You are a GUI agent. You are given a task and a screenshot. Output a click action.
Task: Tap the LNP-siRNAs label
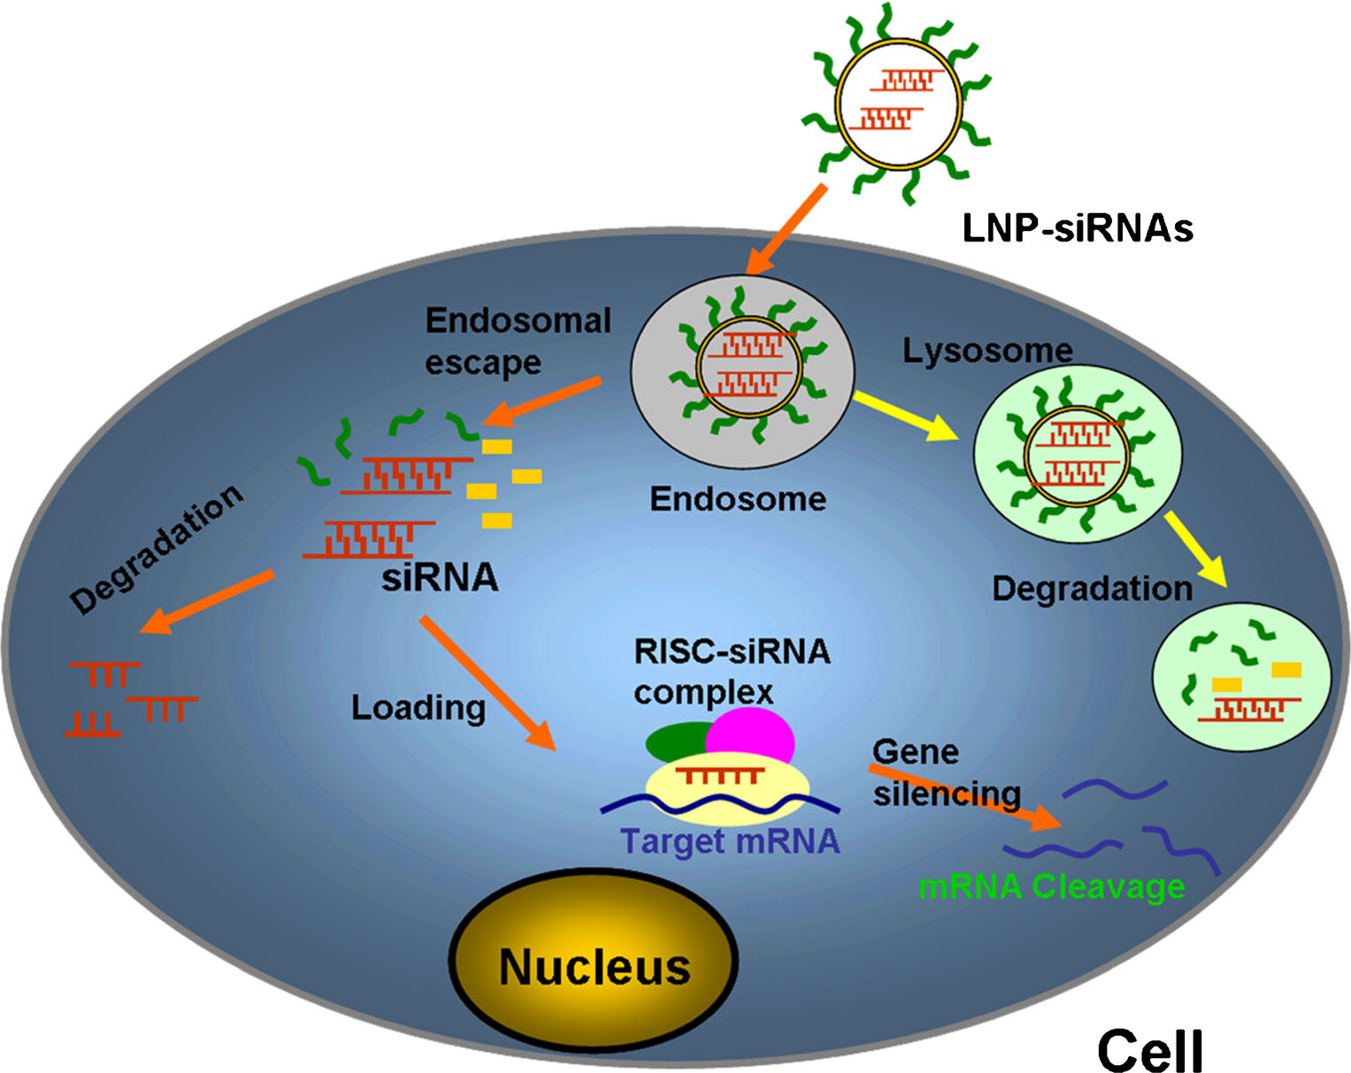[x=1077, y=228]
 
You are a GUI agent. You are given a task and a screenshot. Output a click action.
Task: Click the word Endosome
[x=738, y=499]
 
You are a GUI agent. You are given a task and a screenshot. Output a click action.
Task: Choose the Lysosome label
[x=986, y=350]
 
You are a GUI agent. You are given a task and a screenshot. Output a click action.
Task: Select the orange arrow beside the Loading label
[x=486, y=682]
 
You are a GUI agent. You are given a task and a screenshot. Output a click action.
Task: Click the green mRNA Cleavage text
[x=1051, y=885]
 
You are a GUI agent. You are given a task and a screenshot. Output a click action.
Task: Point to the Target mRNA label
[x=730, y=840]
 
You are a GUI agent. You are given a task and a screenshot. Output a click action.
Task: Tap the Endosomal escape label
[x=518, y=341]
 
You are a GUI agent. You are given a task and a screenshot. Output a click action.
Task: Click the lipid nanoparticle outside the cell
[x=897, y=103]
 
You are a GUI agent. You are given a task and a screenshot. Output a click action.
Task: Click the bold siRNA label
[x=440, y=578]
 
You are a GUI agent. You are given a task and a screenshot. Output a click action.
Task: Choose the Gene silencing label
[x=945, y=772]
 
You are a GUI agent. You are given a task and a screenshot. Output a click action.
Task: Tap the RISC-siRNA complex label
[x=731, y=671]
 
